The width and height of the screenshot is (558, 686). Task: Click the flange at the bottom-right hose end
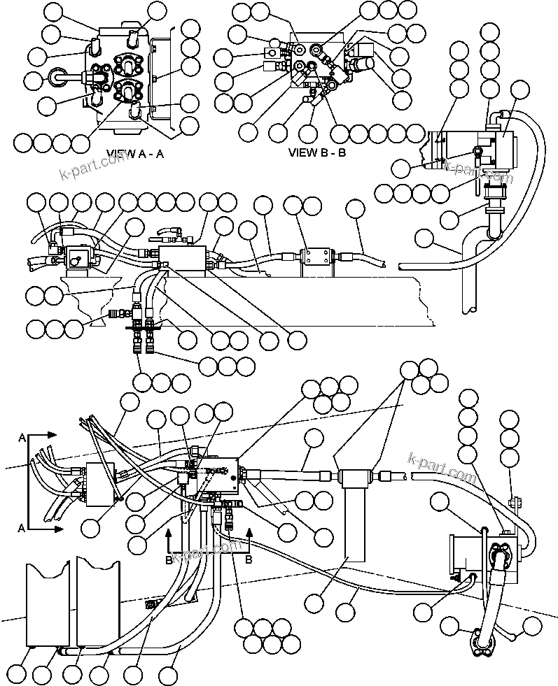(481, 643)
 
